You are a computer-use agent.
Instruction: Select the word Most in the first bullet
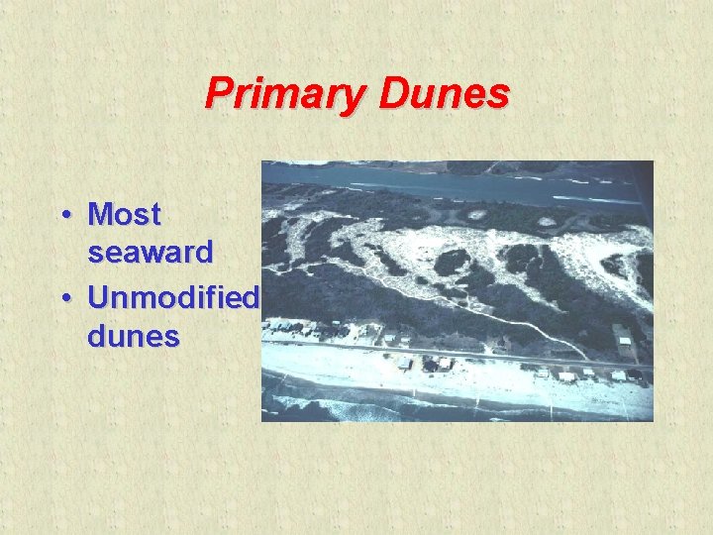click(124, 214)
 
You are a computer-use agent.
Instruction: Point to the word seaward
click(150, 253)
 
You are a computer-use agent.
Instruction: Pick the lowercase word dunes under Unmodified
click(134, 336)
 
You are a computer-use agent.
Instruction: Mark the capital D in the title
click(391, 94)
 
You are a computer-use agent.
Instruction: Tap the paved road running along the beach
click(446, 352)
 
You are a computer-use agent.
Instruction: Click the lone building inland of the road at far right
click(625, 344)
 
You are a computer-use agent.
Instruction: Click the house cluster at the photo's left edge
click(287, 327)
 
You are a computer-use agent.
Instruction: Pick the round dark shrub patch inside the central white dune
click(452, 263)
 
